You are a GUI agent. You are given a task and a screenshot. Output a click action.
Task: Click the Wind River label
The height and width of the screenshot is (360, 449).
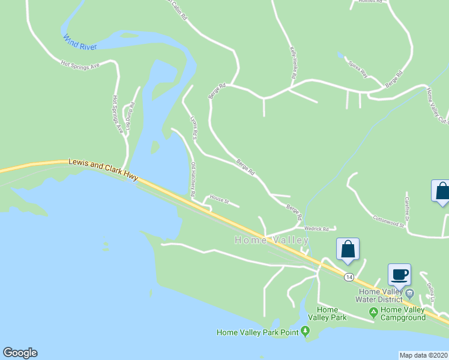coord(79,39)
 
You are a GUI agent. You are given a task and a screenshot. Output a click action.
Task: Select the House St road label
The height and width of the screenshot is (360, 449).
coord(219,200)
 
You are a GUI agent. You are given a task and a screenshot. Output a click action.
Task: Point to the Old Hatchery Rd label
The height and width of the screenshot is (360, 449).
coord(193,179)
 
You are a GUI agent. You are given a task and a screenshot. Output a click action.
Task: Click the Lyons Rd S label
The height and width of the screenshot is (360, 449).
coord(193,128)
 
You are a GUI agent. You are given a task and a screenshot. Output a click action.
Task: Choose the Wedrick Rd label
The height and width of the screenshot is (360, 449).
coord(316,229)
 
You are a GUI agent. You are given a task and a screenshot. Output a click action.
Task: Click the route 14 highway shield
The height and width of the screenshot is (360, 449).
coord(348,277)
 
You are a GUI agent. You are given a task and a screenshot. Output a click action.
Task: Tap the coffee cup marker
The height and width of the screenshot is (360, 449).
coord(400,275)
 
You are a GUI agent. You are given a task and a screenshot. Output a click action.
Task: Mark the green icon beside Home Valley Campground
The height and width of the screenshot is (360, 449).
coord(373,312)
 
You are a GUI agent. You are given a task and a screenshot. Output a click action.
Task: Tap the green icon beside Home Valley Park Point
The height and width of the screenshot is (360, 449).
coord(306,331)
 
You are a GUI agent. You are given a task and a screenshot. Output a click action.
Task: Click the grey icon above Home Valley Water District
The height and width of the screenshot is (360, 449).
coord(409,293)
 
